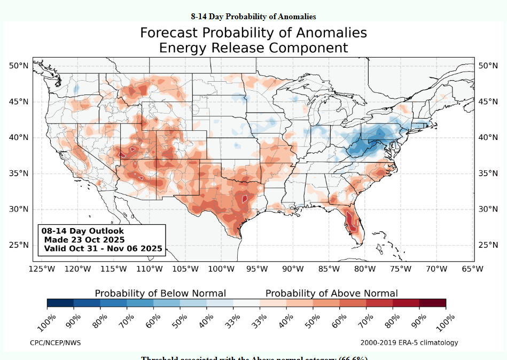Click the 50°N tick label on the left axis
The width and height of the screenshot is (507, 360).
click(x=18, y=66)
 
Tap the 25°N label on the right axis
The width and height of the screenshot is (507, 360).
click(x=488, y=245)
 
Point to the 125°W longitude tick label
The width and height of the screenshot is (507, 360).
click(x=42, y=269)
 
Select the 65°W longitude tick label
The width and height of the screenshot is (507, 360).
click(x=472, y=269)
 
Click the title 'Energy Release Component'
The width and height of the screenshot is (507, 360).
click(x=253, y=48)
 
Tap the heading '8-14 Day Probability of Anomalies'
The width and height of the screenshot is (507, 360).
click(x=253, y=17)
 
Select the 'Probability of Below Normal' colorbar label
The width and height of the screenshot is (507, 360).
click(x=160, y=293)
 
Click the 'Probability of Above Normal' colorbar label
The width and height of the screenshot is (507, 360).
click(x=331, y=293)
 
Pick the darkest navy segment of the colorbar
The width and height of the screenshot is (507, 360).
click(x=60, y=303)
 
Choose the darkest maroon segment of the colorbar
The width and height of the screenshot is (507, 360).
click(x=432, y=303)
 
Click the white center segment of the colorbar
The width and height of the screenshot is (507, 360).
click(x=246, y=303)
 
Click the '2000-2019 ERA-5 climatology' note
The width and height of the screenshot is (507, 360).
click(x=409, y=342)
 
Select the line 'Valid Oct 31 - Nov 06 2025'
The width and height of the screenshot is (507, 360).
click(x=103, y=248)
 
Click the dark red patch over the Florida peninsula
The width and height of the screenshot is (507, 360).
click(x=352, y=221)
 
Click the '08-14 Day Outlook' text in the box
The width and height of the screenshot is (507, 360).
click(x=83, y=231)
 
